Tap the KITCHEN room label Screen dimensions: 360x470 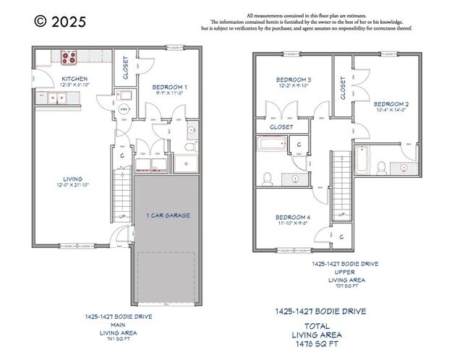tap(74, 79)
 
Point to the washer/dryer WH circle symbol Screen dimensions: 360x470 tap(124, 109)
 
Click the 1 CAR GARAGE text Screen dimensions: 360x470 tap(167, 215)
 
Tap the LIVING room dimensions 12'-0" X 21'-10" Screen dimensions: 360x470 tap(72, 186)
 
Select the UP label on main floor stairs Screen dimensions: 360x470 tap(121, 215)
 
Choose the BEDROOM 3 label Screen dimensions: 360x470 tap(294, 80)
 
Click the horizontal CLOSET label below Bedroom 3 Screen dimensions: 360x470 tap(281, 127)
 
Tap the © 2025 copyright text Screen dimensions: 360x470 tap(60, 21)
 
